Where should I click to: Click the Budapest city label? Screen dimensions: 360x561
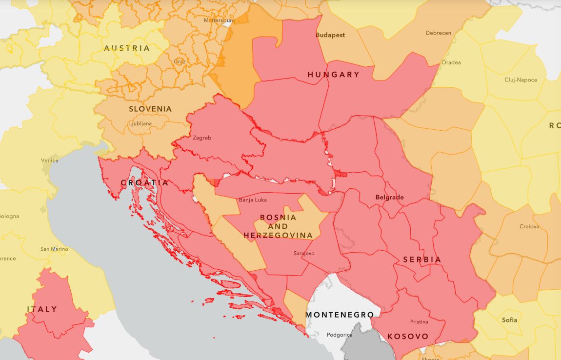(x=330, y=35)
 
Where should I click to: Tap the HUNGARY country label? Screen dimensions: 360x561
(x=334, y=75)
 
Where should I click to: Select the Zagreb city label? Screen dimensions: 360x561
(x=202, y=138)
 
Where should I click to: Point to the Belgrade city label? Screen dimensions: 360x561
(x=389, y=198)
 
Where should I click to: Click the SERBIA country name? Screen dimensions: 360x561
(x=422, y=260)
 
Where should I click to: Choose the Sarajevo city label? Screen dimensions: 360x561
(x=304, y=254)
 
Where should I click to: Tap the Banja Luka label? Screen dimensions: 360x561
(x=253, y=200)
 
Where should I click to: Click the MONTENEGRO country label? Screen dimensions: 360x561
(x=340, y=315)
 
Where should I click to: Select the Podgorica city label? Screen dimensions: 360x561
(x=340, y=335)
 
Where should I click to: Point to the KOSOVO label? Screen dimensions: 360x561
(x=408, y=337)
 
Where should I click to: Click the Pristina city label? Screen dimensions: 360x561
(x=419, y=322)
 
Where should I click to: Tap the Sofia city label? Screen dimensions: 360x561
(x=509, y=320)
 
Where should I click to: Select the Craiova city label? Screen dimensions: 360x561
(x=529, y=227)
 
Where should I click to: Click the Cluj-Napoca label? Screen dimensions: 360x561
(x=521, y=80)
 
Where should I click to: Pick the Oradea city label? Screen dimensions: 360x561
(x=451, y=62)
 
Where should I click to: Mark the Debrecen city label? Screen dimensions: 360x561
(x=438, y=33)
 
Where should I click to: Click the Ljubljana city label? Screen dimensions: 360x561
(x=140, y=124)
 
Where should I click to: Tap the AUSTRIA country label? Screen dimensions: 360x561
(x=127, y=48)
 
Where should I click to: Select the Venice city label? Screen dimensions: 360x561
(x=49, y=160)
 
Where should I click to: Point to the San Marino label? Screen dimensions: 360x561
(x=54, y=249)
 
